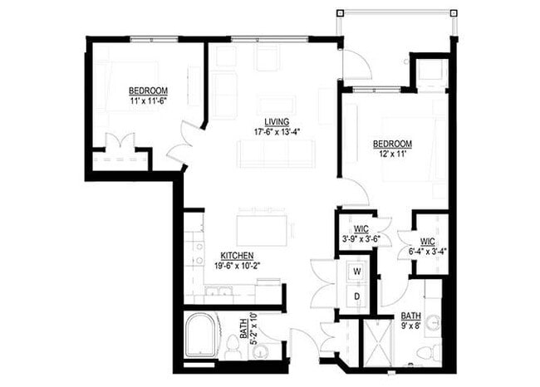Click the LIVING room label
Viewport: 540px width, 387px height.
pyautogui.click(x=277, y=122)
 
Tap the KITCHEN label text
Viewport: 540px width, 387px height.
pyautogui.click(x=237, y=256)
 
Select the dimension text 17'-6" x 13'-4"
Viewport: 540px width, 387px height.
pyautogui.click(x=277, y=132)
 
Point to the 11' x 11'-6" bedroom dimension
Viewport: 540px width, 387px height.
pyautogui.click(x=149, y=100)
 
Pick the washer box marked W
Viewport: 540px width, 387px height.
pyautogui.click(x=357, y=271)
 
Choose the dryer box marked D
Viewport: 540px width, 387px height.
pyautogui.click(x=357, y=296)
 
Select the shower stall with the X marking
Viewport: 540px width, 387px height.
pyautogui.click(x=378, y=344)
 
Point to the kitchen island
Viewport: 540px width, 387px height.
pyautogui.click(x=264, y=229)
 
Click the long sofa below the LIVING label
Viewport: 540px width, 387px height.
pyautogui.click(x=277, y=153)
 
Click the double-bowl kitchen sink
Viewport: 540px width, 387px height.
pyautogui.click(x=219, y=291)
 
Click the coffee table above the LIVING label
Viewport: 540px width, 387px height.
pyautogui.click(x=277, y=105)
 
